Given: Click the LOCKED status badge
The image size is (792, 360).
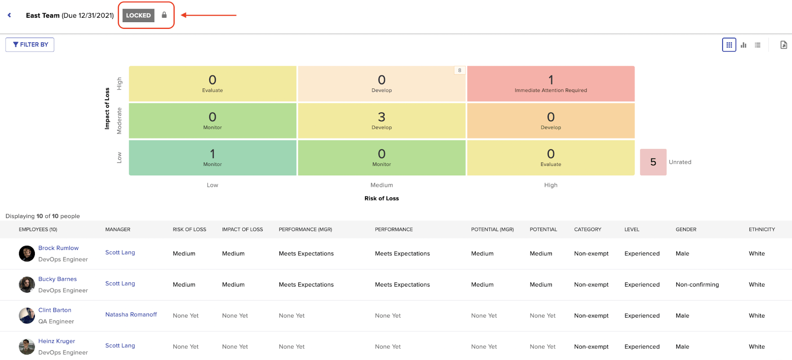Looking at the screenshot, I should (x=138, y=15).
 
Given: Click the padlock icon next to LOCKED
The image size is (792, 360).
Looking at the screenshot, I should (x=164, y=15).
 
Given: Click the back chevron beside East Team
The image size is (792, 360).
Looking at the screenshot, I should (x=10, y=15).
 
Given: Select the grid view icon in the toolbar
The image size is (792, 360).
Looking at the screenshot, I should (x=729, y=45).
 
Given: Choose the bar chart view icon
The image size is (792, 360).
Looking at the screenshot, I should (x=743, y=45).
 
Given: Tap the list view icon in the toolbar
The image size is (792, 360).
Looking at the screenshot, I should (x=758, y=45).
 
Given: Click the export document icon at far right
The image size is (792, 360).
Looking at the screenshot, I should (x=783, y=45).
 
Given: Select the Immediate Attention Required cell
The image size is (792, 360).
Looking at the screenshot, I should (x=551, y=84).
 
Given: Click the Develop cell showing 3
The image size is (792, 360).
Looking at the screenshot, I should (x=382, y=121).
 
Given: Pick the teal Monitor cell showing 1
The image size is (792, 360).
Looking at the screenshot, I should (x=212, y=158).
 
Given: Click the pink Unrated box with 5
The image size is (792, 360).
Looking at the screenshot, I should (x=653, y=162).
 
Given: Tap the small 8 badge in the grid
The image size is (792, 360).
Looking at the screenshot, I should (x=460, y=70).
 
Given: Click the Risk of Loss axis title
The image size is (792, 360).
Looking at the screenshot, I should (x=382, y=198).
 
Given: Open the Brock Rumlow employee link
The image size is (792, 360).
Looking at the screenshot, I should (x=58, y=248).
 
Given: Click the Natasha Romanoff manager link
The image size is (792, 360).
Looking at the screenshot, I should (x=131, y=314).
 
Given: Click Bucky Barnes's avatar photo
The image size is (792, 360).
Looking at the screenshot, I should (x=27, y=284).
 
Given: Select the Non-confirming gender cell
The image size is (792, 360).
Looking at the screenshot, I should (x=697, y=284).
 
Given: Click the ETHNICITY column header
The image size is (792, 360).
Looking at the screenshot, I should (x=761, y=229).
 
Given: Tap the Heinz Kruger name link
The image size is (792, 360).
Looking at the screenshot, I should (x=57, y=341).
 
